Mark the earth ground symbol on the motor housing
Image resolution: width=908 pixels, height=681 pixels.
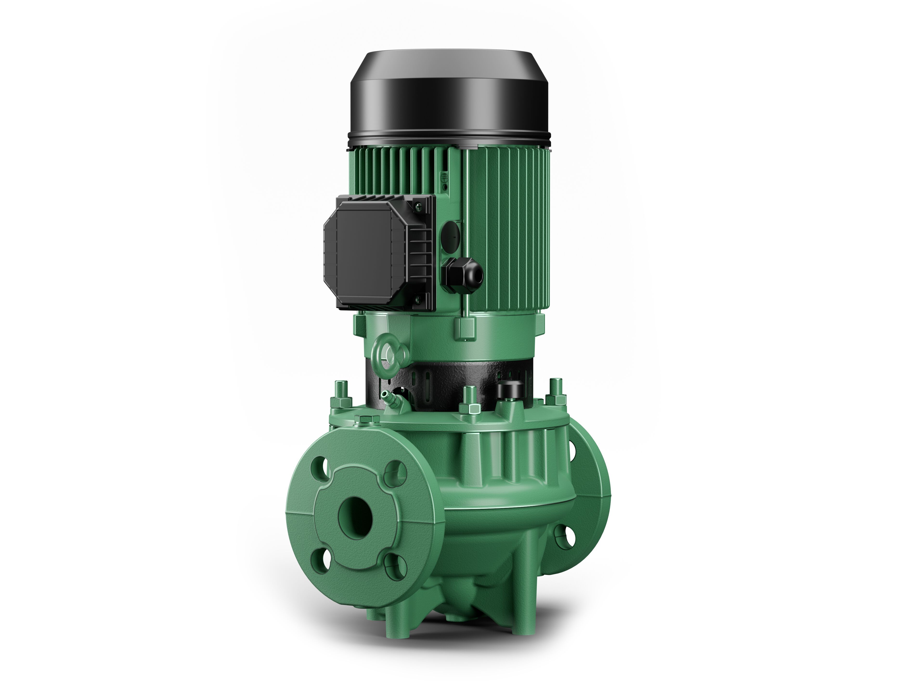[x=444, y=176]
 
